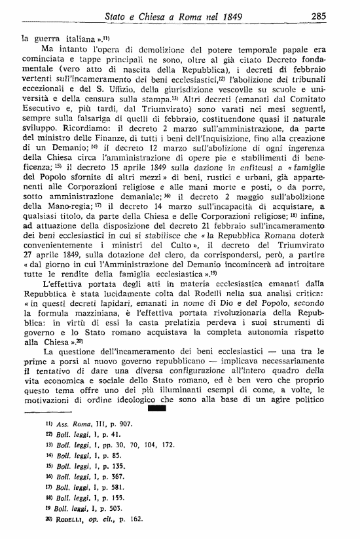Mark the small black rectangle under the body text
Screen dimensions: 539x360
158,428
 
